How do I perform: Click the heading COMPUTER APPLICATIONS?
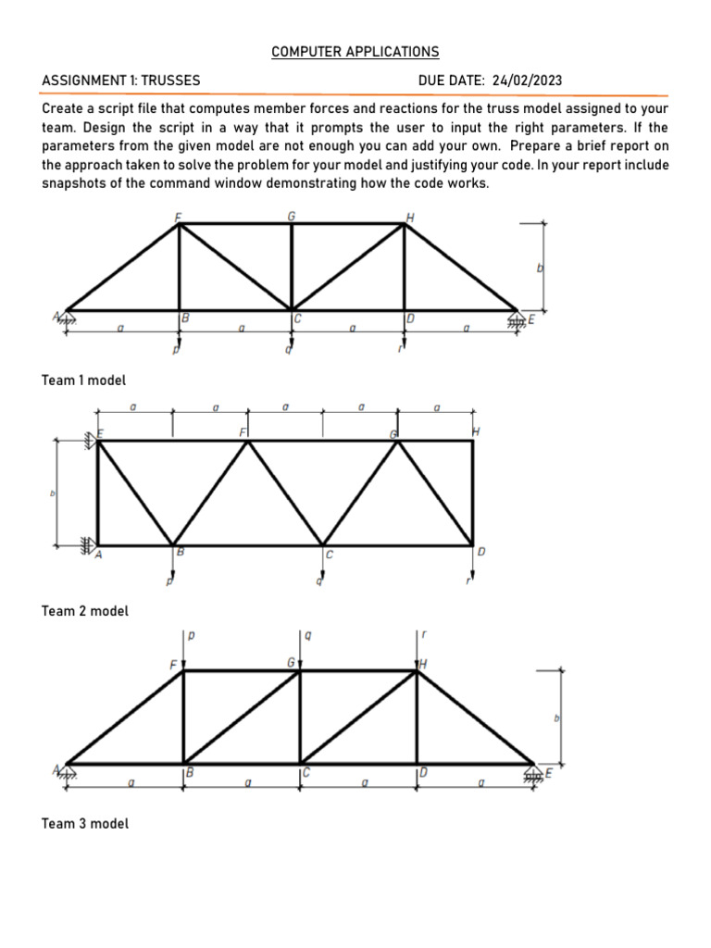point(355,52)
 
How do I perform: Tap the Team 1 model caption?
point(84,380)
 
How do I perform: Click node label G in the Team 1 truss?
point(292,216)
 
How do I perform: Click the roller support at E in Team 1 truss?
point(517,318)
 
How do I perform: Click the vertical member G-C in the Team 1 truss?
point(292,266)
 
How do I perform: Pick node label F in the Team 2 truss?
point(243,432)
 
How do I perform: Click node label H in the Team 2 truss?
point(476,431)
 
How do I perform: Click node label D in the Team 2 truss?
point(480,553)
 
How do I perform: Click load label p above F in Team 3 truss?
point(192,636)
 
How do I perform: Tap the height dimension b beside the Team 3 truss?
point(556,717)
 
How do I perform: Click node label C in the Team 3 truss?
point(306,771)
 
